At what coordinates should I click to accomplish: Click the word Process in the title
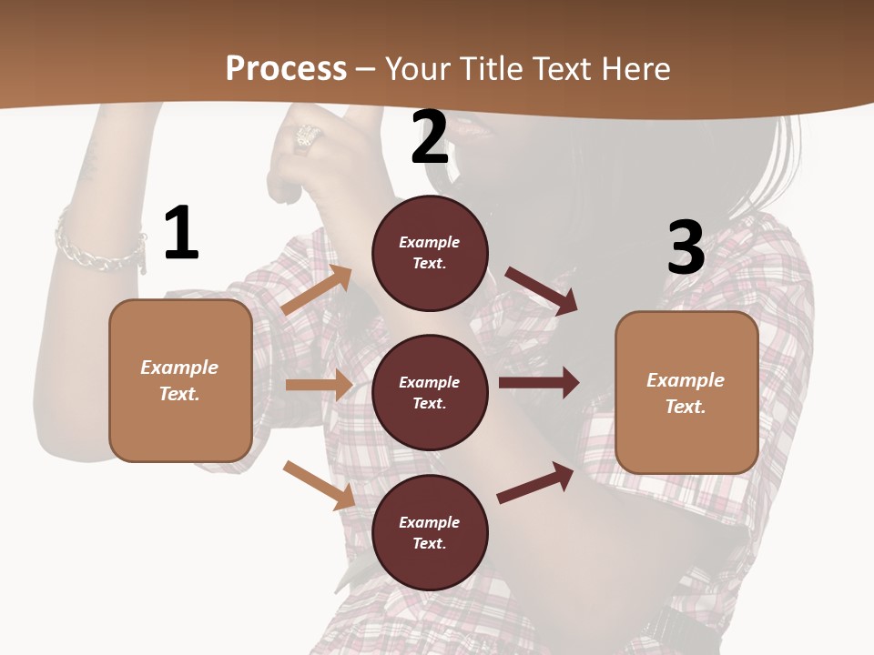tap(286, 68)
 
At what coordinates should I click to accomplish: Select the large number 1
tap(181, 234)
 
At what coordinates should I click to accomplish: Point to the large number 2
tap(430, 137)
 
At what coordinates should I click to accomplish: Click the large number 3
tap(686, 247)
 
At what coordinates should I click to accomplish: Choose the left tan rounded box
tap(180, 380)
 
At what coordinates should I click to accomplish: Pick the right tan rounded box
tap(686, 392)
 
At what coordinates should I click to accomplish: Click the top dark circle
tap(430, 252)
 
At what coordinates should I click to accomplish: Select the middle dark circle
tap(430, 392)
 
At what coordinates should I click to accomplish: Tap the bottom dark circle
tap(430, 532)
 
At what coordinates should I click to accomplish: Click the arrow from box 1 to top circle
tap(317, 290)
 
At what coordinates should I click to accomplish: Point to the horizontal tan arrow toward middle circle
tap(318, 385)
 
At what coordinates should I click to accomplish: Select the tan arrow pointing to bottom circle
tap(319, 485)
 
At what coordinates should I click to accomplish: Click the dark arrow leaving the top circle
tap(541, 291)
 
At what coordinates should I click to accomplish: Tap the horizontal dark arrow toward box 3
tap(538, 383)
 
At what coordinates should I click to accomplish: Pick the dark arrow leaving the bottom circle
tap(536, 482)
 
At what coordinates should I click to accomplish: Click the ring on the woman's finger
tap(306, 136)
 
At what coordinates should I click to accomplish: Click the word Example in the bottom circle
tap(430, 522)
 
